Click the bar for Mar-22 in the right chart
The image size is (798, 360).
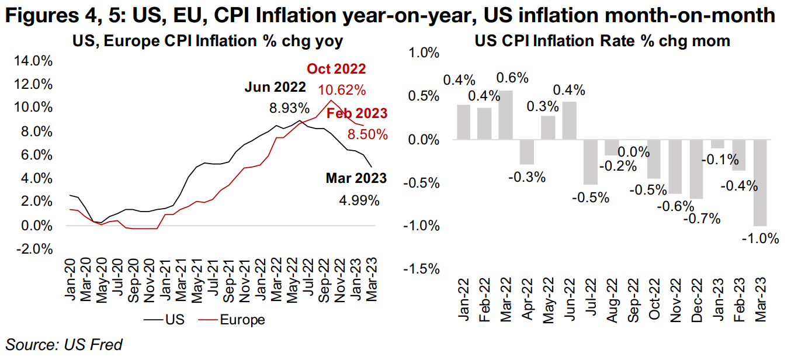pos(505,115)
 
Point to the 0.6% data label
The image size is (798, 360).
pos(512,78)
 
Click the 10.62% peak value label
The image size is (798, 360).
pos(342,90)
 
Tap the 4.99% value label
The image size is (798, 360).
pos(359,201)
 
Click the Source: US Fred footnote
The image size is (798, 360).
pos(64,345)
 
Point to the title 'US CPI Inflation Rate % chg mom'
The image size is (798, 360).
pos(602,41)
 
